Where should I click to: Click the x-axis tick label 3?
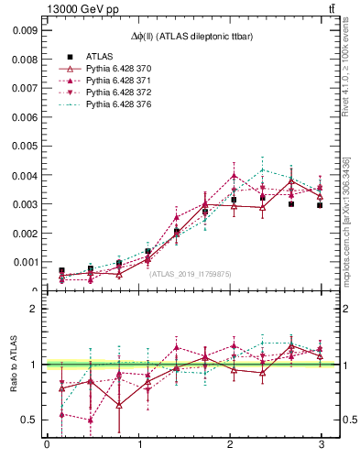click(x=322, y=446)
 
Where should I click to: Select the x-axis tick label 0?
click(x=47, y=446)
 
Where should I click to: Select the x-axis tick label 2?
click(x=230, y=446)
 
